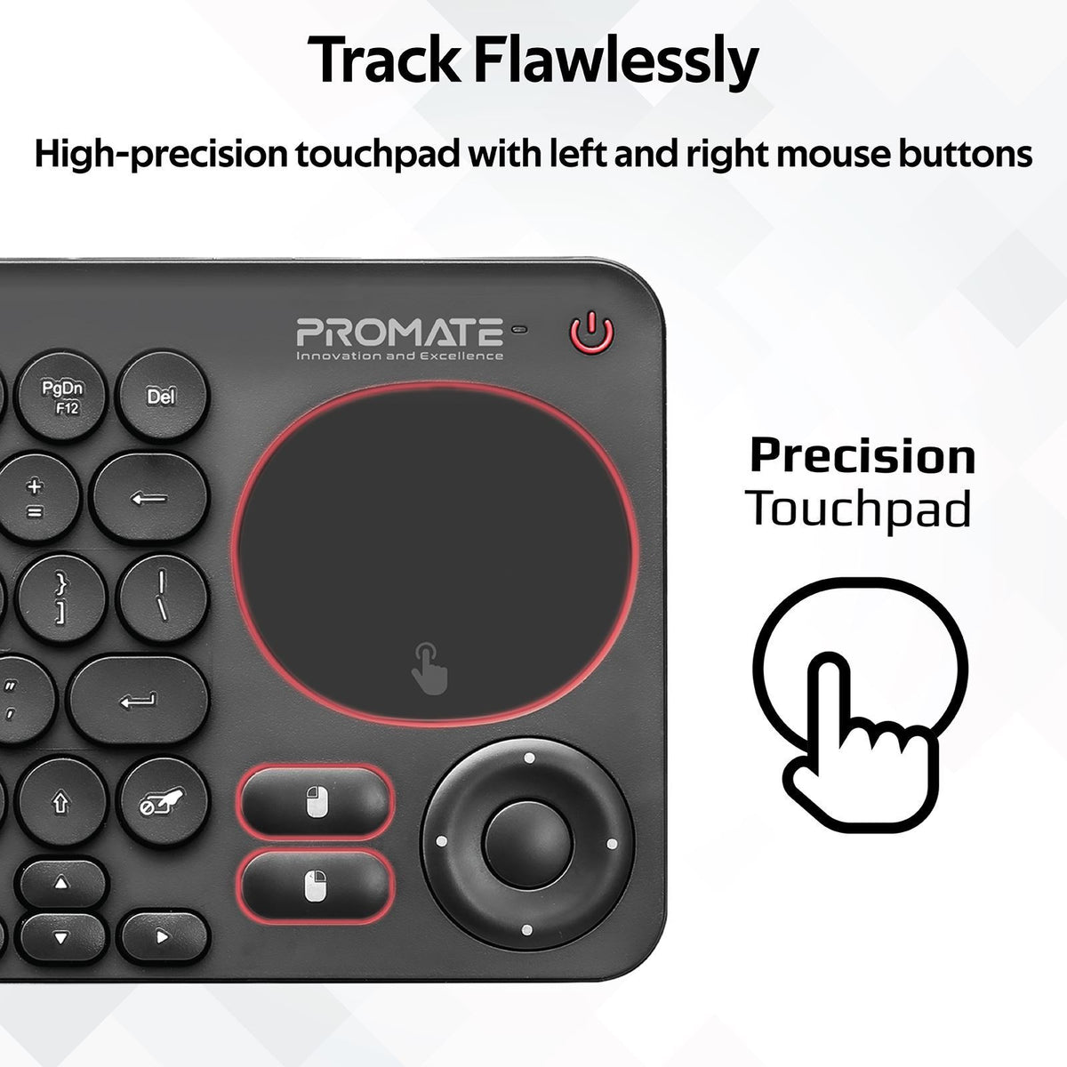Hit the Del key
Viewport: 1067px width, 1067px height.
[x=160, y=395]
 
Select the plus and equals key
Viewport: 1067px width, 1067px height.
[x=36, y=499]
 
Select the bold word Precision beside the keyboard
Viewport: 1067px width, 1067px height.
[x=862, y=456]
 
